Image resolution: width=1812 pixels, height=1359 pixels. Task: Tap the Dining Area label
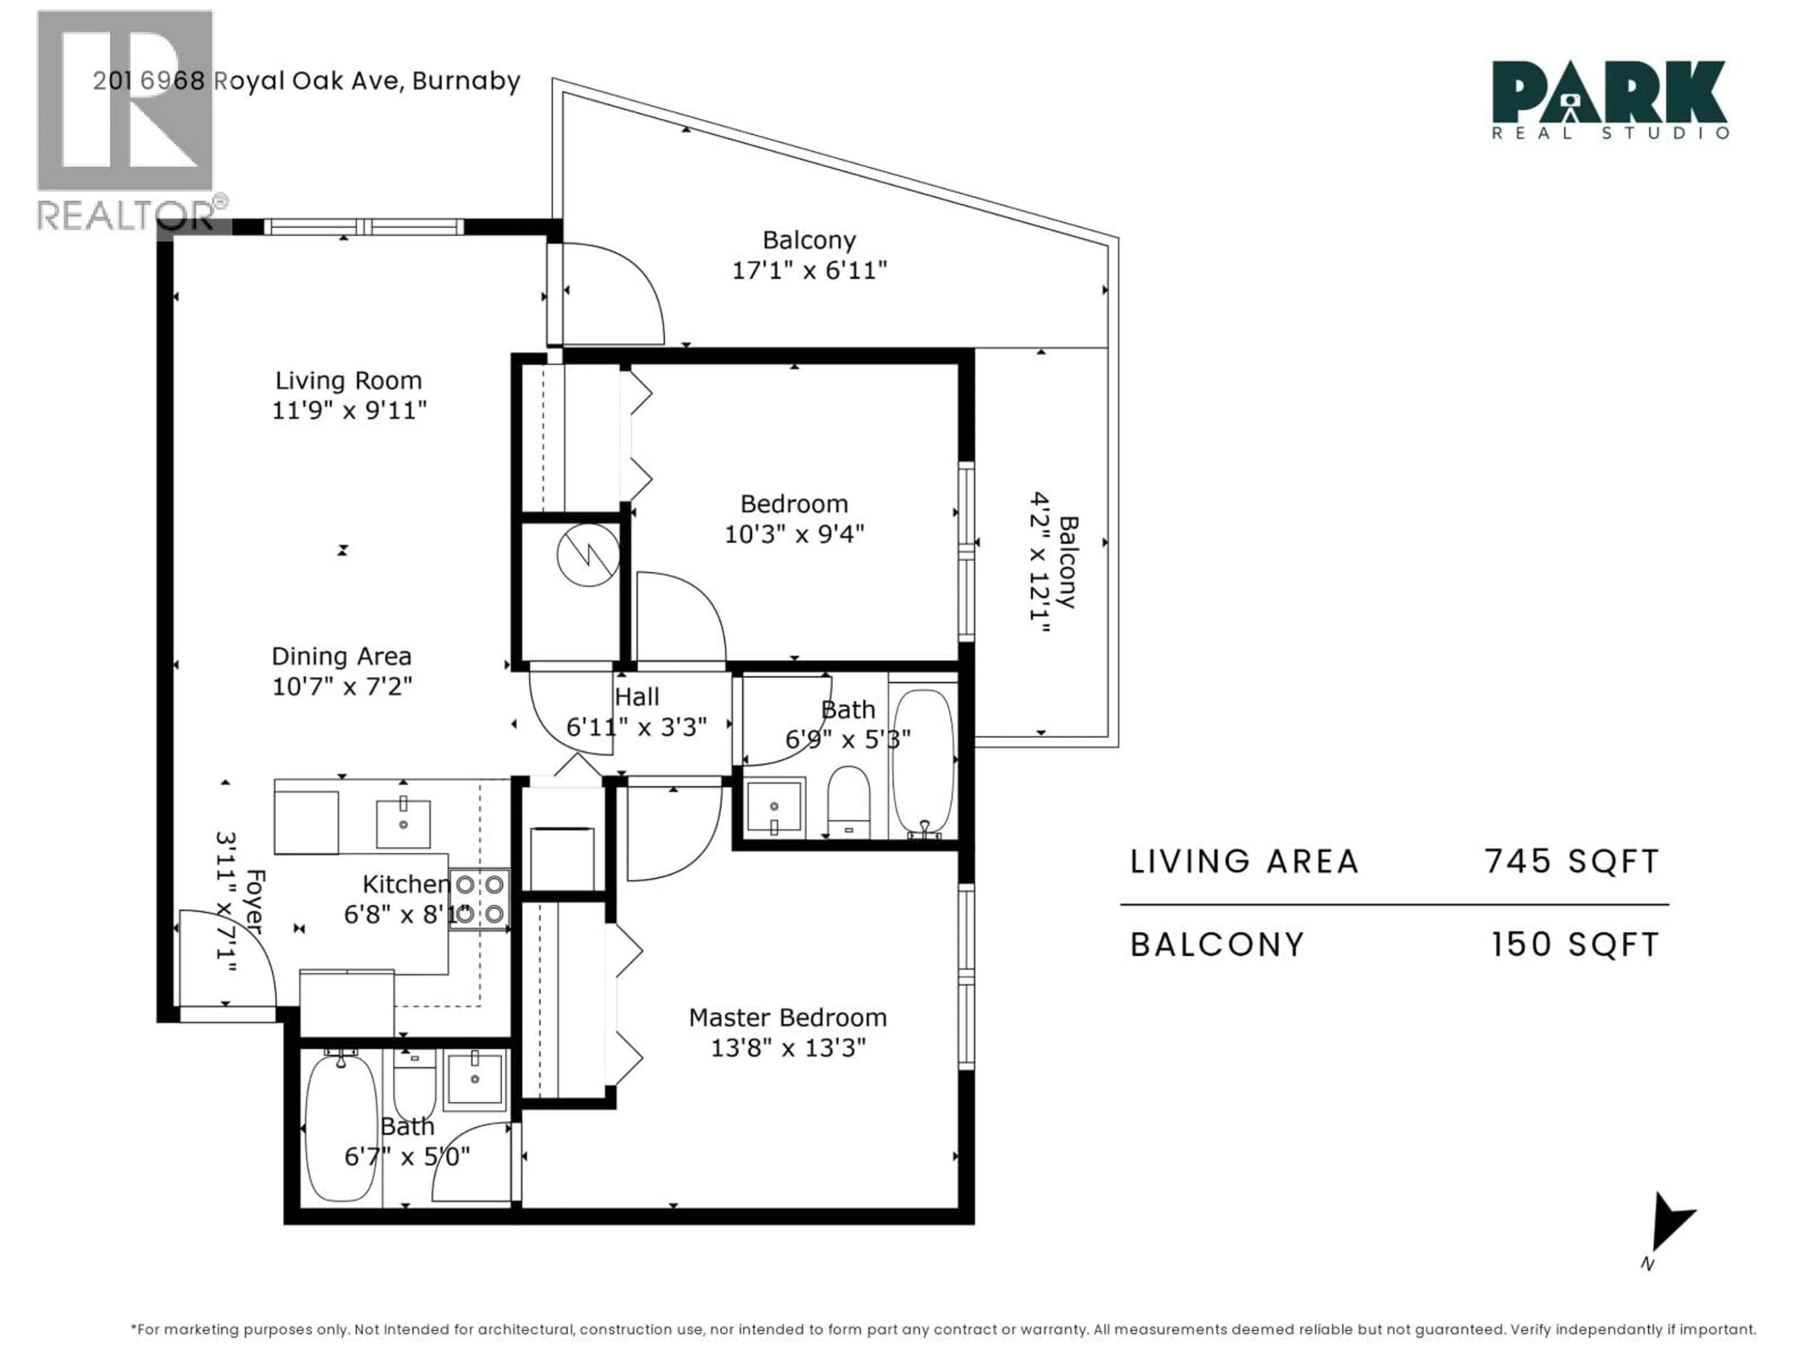click(342, 656)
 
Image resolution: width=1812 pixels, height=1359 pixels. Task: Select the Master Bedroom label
click(787, 1017)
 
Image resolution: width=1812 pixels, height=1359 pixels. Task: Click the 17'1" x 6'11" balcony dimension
click(809, 270)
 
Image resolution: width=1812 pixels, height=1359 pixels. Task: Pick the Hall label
click(637, 696)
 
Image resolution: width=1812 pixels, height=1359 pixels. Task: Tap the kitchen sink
click(403, 824)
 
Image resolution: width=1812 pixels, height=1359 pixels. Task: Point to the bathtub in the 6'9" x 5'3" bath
click(923, 761)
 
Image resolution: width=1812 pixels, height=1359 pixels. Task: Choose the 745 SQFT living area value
click(1572, 861)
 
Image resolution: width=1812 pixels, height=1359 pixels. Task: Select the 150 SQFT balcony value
click(1575, 945)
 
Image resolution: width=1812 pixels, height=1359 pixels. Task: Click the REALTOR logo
click(131, 121)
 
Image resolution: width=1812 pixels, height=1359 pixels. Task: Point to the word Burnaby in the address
click(466, 81)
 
